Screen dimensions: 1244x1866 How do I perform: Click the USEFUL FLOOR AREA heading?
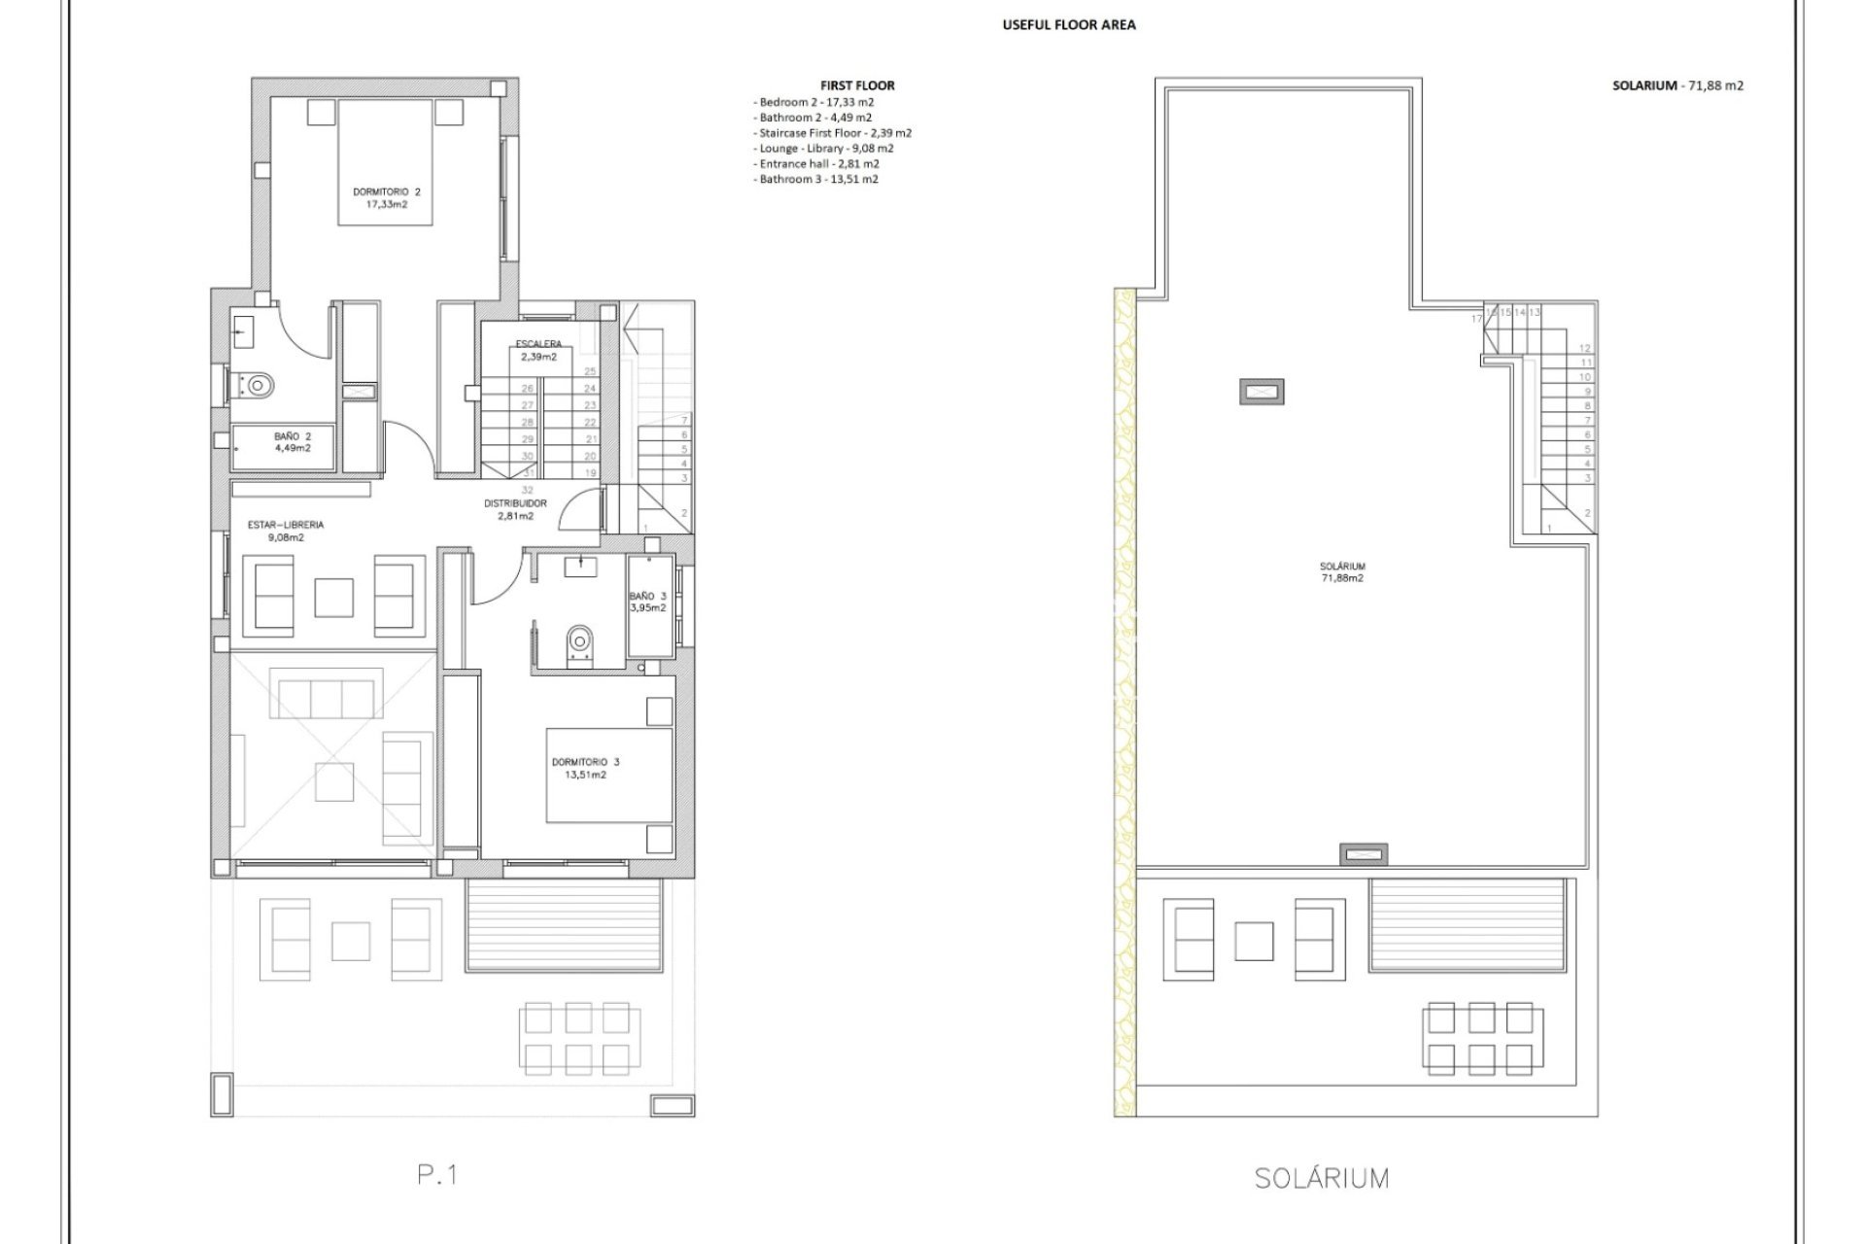point(1068,25)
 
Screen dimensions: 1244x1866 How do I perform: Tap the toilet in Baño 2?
point(258,386)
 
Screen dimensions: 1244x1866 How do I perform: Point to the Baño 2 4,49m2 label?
point(292,442)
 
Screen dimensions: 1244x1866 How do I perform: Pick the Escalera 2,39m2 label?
point(537,350)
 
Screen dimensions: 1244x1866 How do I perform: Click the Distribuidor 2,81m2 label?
point(515,509)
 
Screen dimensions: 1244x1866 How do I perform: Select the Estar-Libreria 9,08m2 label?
point(285,531)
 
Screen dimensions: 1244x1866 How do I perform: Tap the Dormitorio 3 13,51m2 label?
point(584,768)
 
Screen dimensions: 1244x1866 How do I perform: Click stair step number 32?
point(528,491)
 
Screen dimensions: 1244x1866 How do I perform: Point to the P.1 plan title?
point(437,1175)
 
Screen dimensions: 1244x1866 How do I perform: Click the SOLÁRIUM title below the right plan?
point(1321,1179)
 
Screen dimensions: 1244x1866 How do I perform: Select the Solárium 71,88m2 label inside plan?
point(1342,571)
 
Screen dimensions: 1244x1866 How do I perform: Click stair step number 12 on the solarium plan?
point(1585,348)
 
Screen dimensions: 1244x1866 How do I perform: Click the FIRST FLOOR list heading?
point(857,86)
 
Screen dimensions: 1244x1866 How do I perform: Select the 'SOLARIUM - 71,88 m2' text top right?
point(1677,86)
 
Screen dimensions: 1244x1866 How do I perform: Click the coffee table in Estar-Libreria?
point(333,597)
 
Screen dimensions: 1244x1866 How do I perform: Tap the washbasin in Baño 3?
point(579,561)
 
